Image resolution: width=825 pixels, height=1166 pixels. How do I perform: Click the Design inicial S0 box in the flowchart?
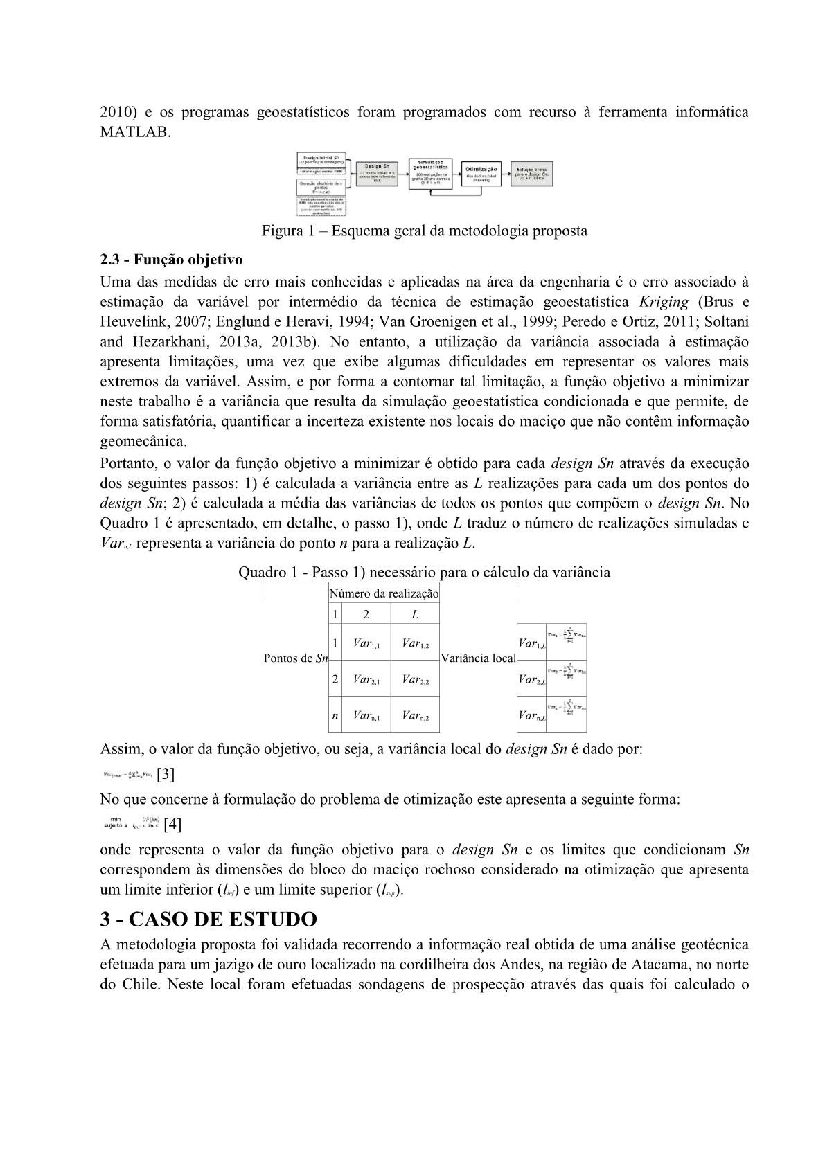coord(321,159)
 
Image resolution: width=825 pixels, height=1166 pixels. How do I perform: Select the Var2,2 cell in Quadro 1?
coord(415,679)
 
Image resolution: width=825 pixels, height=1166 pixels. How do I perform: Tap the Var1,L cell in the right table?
coord(531,644)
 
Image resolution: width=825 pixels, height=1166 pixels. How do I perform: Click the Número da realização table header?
coord(384,593)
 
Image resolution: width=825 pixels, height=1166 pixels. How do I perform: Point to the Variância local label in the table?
coord(478,658)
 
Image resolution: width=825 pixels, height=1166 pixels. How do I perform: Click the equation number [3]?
coord(166,774)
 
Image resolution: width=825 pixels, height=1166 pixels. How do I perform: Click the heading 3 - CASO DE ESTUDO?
coord(209,920)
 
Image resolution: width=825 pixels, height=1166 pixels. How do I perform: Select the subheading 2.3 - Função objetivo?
coord(171,260)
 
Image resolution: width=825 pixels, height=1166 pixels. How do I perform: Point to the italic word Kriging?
coord(664,302)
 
